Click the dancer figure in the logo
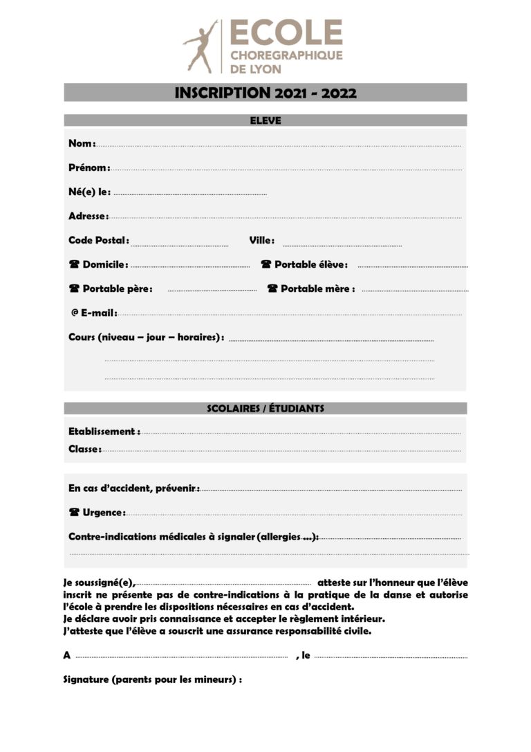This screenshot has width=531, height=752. pyautogui.click(x=200, y=46)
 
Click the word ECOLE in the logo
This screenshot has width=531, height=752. pyautogui.click(x=286, y=33)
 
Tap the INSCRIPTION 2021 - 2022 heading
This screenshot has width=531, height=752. pyautogui.click(x=265, y=93)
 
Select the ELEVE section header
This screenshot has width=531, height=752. pyautogui.click(x=265, y=120)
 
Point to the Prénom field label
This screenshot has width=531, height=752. pyautogui.click(x=88, y=167)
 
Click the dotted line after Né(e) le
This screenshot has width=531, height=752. pyautogui.click(x=190, y=194)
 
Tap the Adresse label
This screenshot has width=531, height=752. pyautogui.click(x=88, y=216)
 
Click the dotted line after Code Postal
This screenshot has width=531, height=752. pyautogui.click(x=180, y=244)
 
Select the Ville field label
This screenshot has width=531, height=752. pyautogui.click(x=261, y=240)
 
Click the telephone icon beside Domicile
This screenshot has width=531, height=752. pyautogui.click(x=74, y=264)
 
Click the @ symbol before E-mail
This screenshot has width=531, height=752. pyautogui.click(x=75, y=313)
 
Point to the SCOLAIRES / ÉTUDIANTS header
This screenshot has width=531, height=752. pyautogui.click(x=265, y=408)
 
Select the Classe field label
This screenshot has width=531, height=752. pyautogui.click(x=84, y=449)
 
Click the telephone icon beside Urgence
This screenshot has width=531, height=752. pyautogui.click(x=74, y=513)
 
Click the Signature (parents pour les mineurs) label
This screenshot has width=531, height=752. pyautogui.click(x=152, y=679)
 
